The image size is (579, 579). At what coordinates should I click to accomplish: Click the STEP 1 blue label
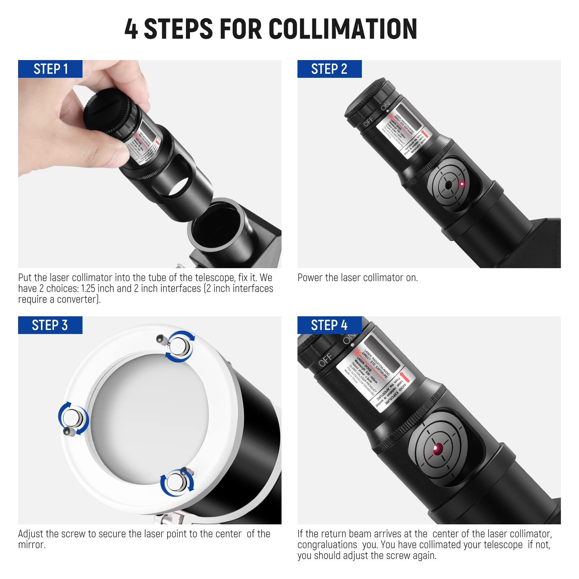click(x=50, y=69)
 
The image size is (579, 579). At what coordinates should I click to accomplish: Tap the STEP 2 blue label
click(x=329, y=69)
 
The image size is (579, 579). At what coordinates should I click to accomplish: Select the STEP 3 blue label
click(x=50, y=325)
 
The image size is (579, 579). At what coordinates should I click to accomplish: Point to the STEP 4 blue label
click(x=329, y=325)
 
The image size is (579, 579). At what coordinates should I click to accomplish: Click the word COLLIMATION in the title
click(x=343, y=29)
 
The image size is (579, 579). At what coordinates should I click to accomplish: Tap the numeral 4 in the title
click(x=131, y=29)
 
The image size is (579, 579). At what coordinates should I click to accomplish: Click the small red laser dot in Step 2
click(x=462, y=184)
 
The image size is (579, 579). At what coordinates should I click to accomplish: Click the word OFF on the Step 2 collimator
click(x=368, y=122)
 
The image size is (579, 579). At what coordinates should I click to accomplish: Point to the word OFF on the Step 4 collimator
click(x=325, y=359)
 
